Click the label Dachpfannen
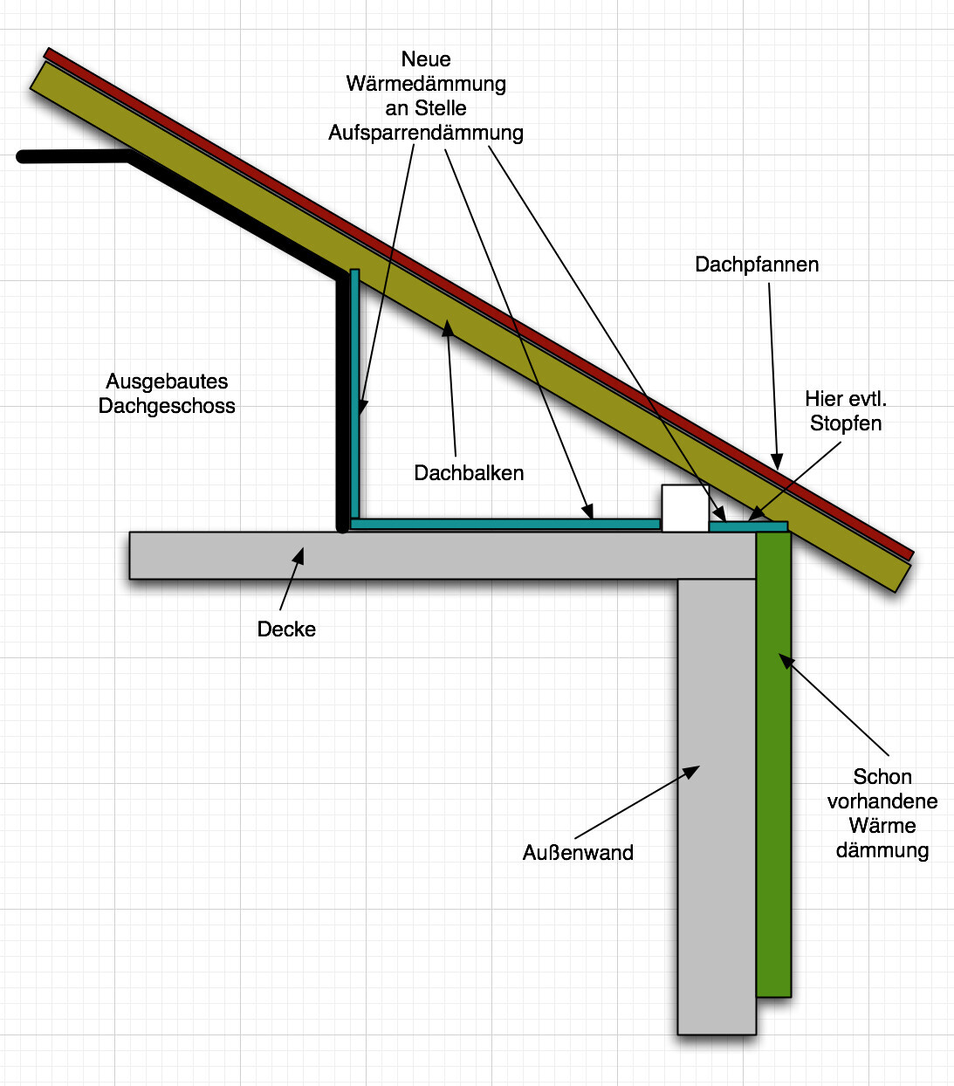[757, 265]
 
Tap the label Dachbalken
[469, 473]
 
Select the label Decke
[286, 629]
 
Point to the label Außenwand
[578, 853]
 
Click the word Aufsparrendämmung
[426, 133]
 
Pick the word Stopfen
[846, 423]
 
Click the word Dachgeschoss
[167, 406]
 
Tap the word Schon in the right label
[882, 777]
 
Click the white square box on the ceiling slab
[684, 508]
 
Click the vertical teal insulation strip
[355, 393]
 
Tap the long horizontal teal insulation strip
[506, 524]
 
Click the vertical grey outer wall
[716, 803]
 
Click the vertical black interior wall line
[342, 402]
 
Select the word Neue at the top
[426, 59]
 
